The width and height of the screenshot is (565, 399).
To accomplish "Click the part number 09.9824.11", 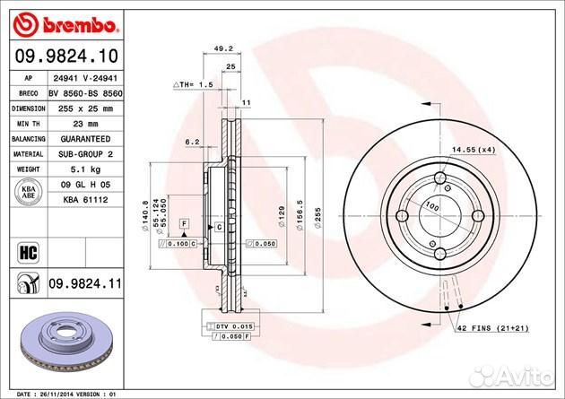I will point(85,284).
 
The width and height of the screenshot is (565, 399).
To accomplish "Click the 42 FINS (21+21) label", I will point(494,329).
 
